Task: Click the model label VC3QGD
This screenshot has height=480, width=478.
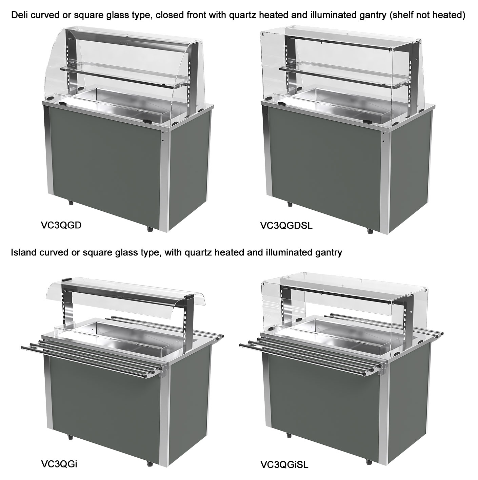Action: point(61,225)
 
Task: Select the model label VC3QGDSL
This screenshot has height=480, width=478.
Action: point(286,226)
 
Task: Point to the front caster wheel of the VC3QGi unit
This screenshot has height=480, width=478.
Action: point(150,463)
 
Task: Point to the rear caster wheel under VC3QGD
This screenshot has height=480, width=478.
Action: point(71,202)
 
